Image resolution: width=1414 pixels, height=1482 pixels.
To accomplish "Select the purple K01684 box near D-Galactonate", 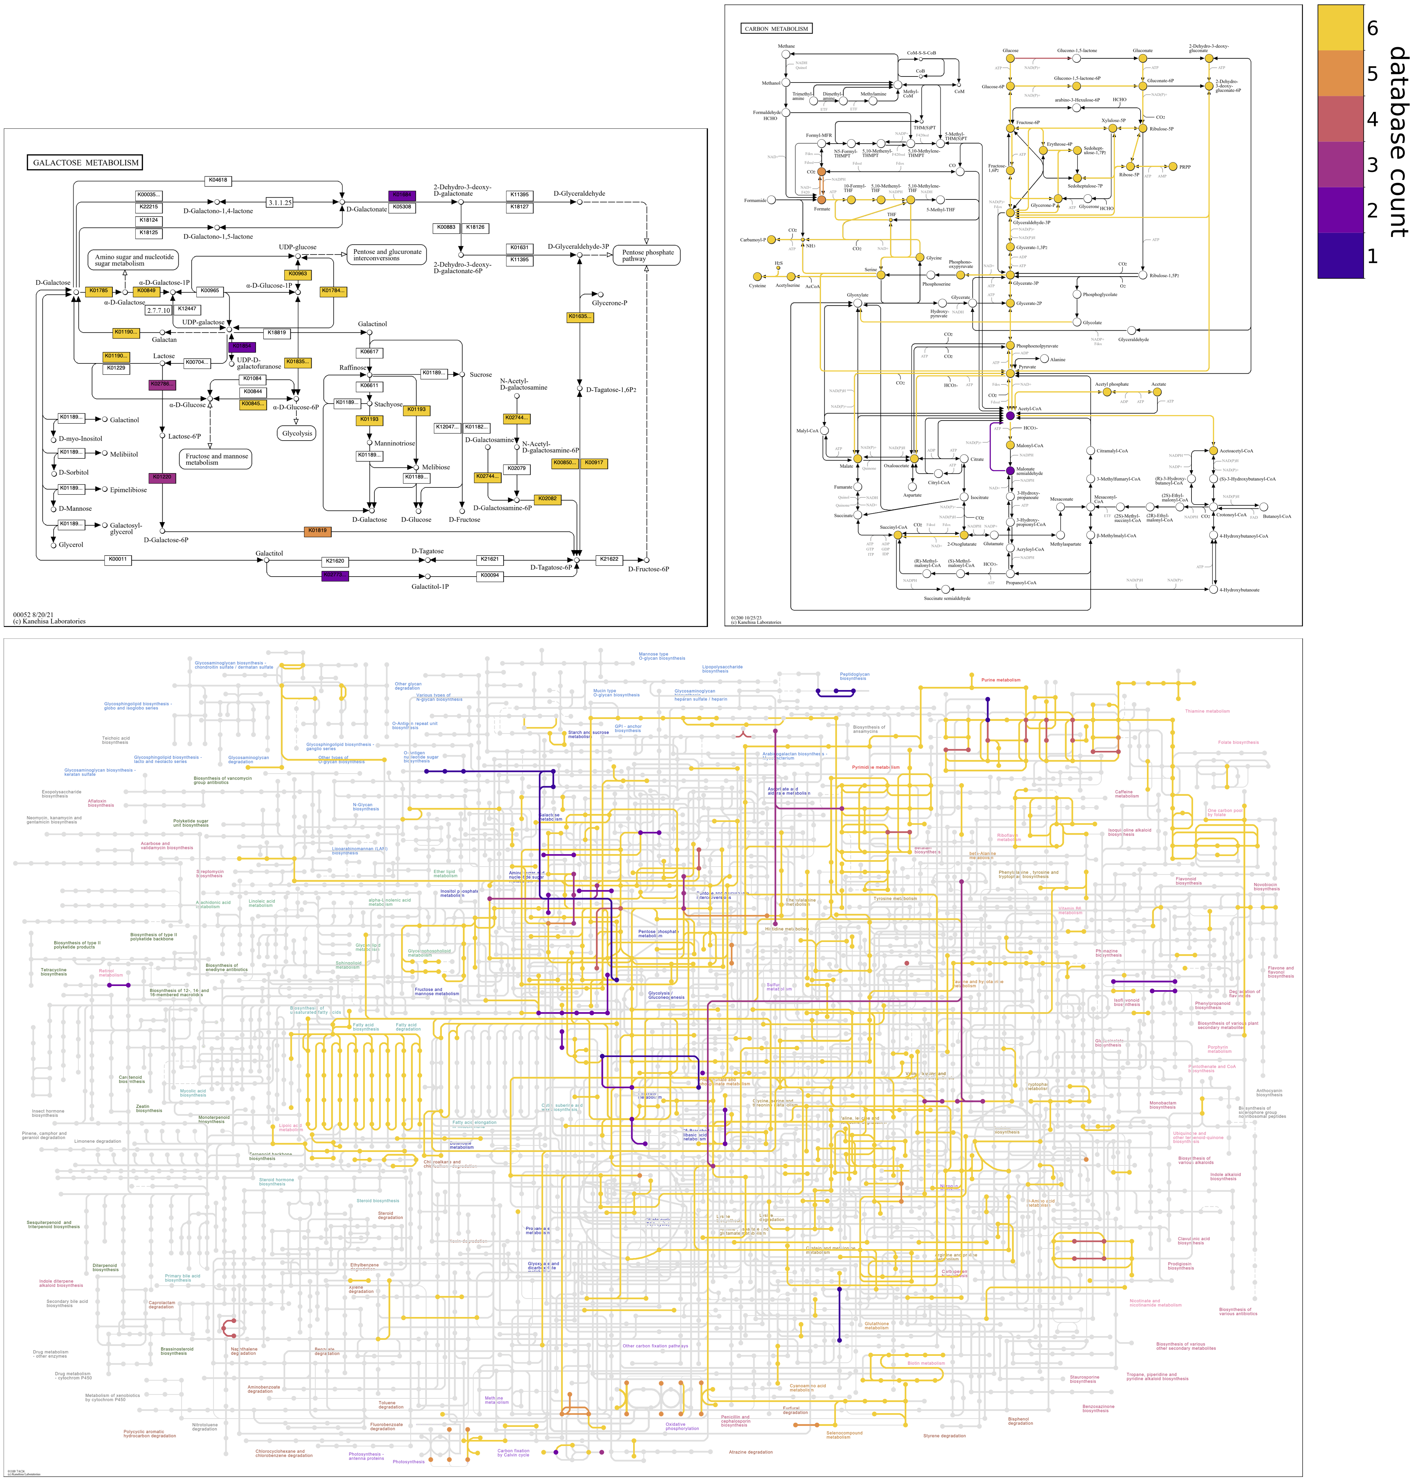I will [x=402, y=195].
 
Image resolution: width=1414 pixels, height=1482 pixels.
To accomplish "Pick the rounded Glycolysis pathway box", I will [x=297, y=434].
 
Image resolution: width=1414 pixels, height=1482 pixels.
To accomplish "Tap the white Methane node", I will [x=786, y=54].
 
